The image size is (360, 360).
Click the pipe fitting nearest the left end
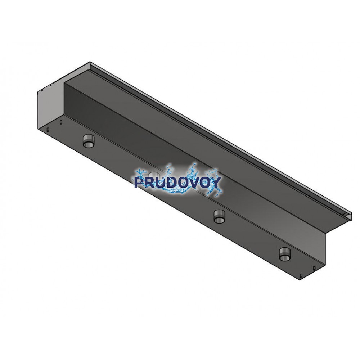tap(88, 141)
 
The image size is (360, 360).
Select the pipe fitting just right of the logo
tap(220, 216)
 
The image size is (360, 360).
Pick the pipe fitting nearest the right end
tap(285, 254)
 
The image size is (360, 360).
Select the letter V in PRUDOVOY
tap(195, 183)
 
